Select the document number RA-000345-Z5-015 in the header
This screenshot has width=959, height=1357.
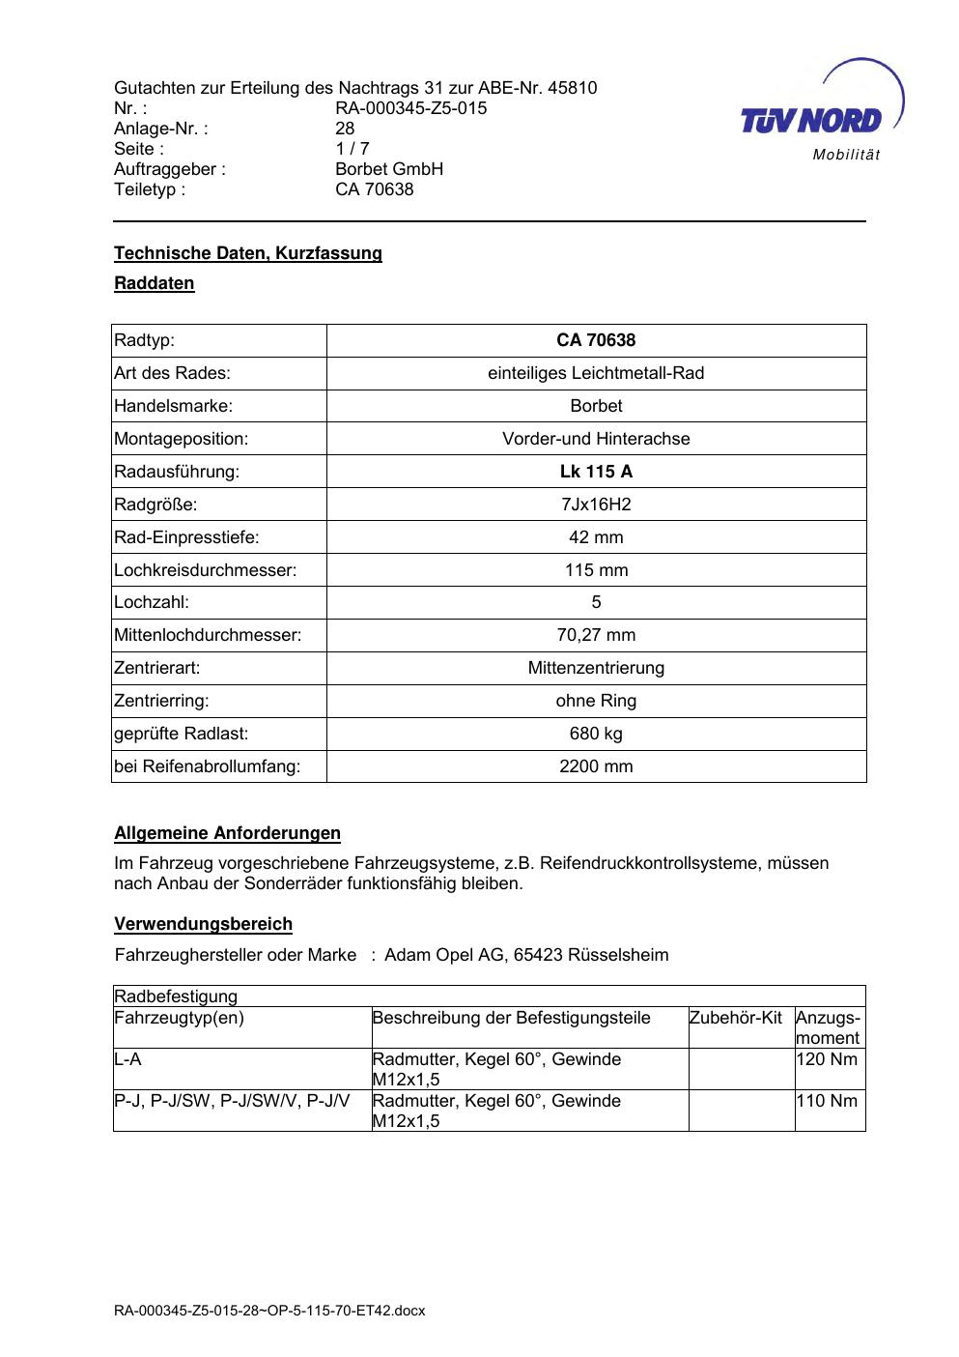point(410,108)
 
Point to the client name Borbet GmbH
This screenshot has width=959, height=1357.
point(389,169)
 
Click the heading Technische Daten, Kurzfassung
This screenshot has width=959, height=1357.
point(248,253)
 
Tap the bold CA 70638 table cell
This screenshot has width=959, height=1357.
point(596,340)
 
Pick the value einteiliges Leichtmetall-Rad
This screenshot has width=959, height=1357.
point(596,373)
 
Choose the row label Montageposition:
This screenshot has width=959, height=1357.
point(182,439)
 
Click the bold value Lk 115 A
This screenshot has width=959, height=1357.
point(596,472)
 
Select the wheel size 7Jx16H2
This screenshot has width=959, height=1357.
point(596,505)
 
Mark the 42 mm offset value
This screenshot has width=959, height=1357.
point(596,537)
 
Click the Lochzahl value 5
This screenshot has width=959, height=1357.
point(596,602)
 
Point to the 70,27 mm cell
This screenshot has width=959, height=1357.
point(596,635)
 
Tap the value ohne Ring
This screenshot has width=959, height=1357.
point(596,701)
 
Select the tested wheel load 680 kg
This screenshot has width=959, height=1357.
point(596,734)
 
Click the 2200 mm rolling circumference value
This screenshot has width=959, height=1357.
point(596,766)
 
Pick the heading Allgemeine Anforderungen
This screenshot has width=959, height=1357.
point(227,833)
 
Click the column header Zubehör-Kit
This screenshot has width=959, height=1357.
point(735,1018)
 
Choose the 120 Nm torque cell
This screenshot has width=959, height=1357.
point(827,1059)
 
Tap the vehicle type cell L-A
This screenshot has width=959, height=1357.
point(127,1059)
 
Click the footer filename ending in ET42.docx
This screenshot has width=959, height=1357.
point(269,1311)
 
